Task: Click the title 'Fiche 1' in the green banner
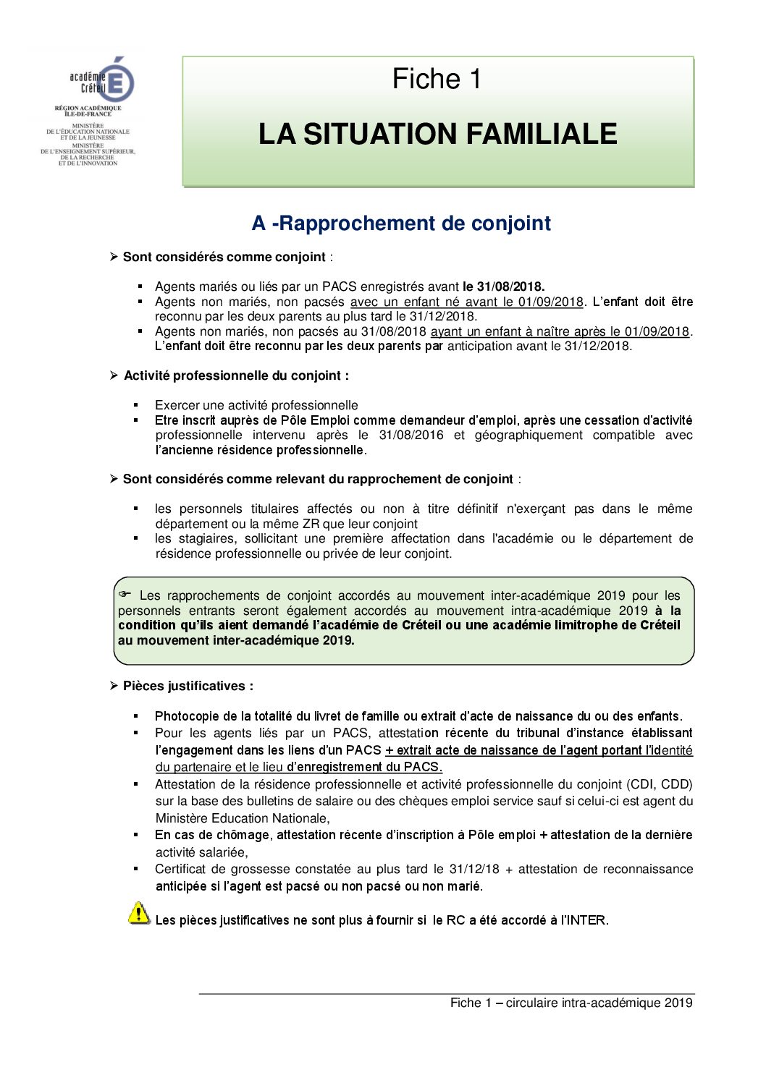click(x=437, y=79)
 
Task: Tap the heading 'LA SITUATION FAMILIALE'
click(x=437, y=135)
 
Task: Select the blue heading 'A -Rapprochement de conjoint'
click(x=401, y=223)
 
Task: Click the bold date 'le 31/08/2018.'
click(x=503, y=286)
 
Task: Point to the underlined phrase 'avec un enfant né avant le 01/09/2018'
click(x=466, y=302)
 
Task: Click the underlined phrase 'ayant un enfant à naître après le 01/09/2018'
click(x=560, y=331)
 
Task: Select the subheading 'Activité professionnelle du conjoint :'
click(x=236, y=375)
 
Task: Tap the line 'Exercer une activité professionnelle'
click(x=256, y=405)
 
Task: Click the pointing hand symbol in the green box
click(x=125, y=595)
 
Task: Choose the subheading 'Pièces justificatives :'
click(x=188, y=686)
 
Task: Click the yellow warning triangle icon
click(x=139, y=913)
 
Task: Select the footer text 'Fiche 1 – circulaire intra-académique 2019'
click(x=571, y=1003)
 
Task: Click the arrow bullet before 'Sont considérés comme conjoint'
click(x=114, y=257)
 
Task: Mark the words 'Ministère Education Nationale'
click(x=241, y=818)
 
